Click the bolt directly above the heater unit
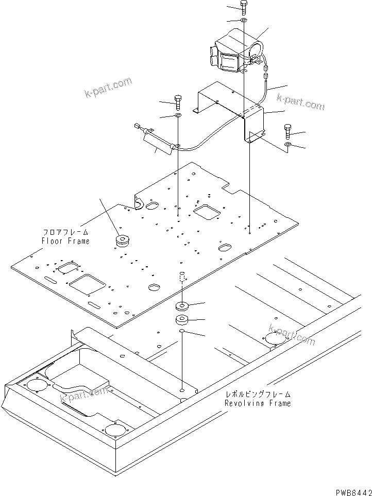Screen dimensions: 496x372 tap(244, 7)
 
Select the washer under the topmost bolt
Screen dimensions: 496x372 tap(244, 20)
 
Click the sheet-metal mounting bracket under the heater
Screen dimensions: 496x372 tap(232, 108)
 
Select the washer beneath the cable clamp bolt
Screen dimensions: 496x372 tap(178, 116)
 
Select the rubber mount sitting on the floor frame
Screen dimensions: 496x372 tap(123, 241)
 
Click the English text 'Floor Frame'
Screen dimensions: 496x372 tap(65, 241)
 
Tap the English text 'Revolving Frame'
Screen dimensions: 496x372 tap(258, 403)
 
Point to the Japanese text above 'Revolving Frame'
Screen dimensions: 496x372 tap(258, 395)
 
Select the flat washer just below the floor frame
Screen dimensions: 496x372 tap(182, 305)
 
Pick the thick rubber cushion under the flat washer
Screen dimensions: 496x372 tap(182, 320)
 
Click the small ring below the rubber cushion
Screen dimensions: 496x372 tap(182, 333)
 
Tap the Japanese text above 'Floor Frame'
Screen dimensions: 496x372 tap(65, 232)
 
